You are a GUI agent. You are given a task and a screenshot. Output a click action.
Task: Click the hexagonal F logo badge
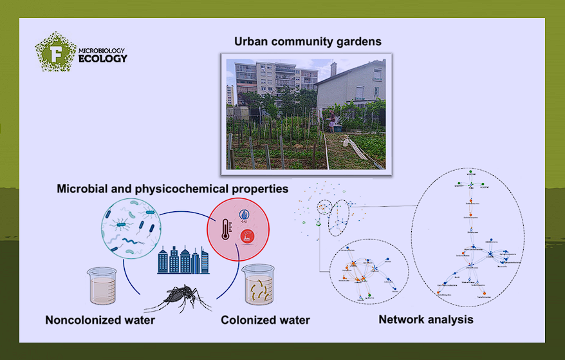[55, 52]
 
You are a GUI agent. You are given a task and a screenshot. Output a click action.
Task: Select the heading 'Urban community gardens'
[308, 41]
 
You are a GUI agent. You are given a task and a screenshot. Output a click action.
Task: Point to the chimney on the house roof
[333, 69]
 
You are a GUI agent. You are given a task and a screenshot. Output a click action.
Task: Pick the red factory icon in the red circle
[245, 238]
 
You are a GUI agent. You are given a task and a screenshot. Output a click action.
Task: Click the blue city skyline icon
[183, 261]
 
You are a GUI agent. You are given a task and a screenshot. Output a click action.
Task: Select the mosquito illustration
[178, 297]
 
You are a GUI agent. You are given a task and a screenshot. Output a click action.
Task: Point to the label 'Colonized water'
[265, 320]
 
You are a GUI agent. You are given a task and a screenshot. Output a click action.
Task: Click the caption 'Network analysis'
[425, 319]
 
